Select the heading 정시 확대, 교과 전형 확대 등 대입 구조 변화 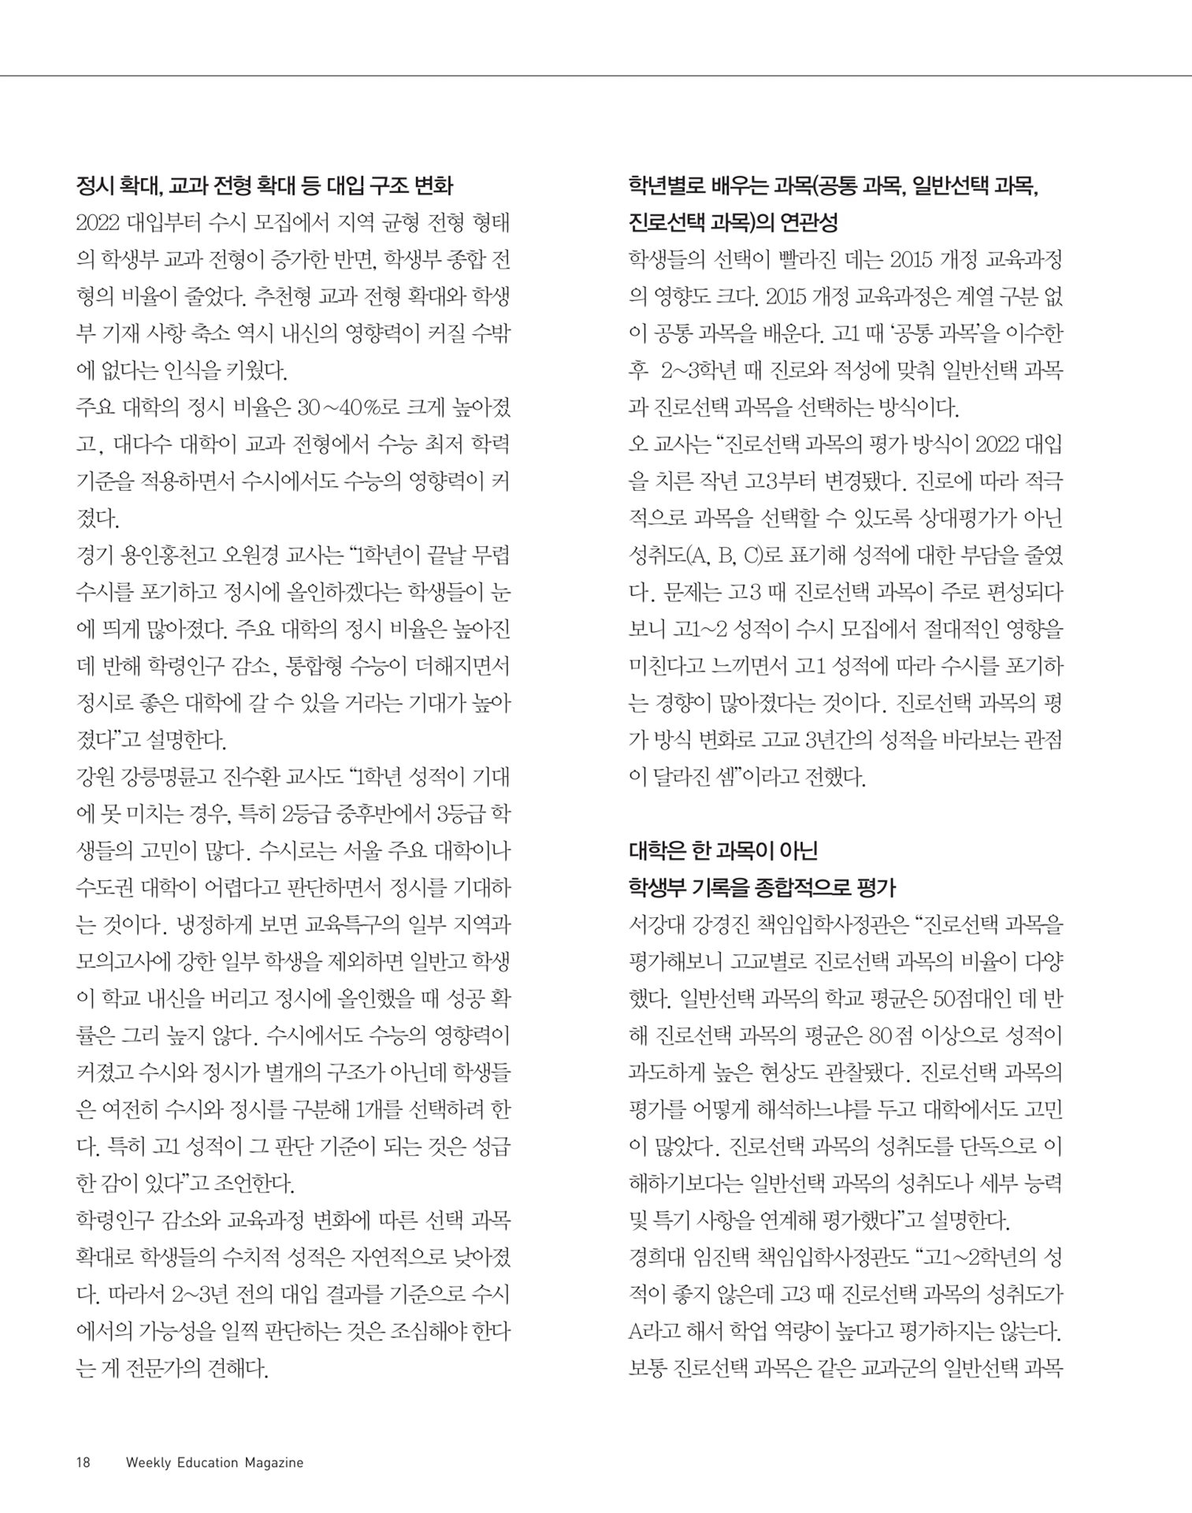point(264,186)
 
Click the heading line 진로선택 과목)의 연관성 point(733,222)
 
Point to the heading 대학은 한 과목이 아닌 point(723,851)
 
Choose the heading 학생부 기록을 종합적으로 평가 point(763,888)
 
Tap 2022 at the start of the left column point(98,223)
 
